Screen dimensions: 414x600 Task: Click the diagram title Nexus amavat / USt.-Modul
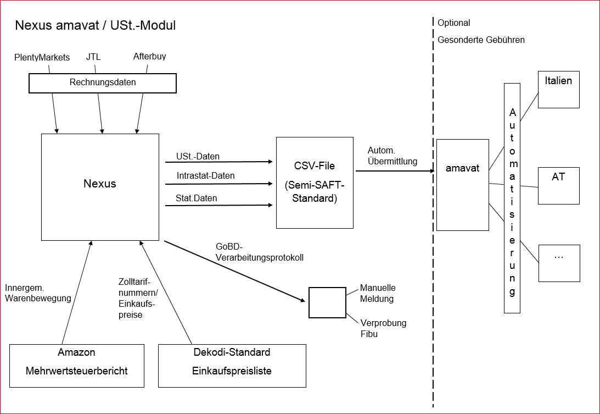click(x=95, y=25)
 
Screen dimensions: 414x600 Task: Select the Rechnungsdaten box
click(x=103, y=83)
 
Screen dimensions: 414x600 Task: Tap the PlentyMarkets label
click(x=42, y=57)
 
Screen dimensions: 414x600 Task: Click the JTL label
click(x=93, y=56)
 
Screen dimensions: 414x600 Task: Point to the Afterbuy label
click(x=149, y=56)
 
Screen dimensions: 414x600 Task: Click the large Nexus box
click(x=100, y=187)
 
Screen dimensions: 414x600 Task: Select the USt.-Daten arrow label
click(x=198, y=157)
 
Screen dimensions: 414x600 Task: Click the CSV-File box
click(x=315, y=183)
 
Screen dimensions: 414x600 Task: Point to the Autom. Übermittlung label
click(x=392, y=156)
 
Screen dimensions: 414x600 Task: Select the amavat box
click(x=462, y=185)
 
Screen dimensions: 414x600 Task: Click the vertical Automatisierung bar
click(x=512, y=198)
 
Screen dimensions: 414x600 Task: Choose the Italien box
click(x=558, y=89)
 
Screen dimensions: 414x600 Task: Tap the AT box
click(x=558, y=186)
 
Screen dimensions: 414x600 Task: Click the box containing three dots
click(x=558, y=263)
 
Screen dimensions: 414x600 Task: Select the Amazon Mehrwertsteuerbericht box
click(x=77, y=366)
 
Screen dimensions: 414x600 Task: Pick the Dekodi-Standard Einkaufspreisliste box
click(x=232, y=366)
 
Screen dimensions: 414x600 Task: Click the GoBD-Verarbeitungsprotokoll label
click(x=260, y=252)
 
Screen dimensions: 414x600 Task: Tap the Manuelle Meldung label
click(x=378, y=293)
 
